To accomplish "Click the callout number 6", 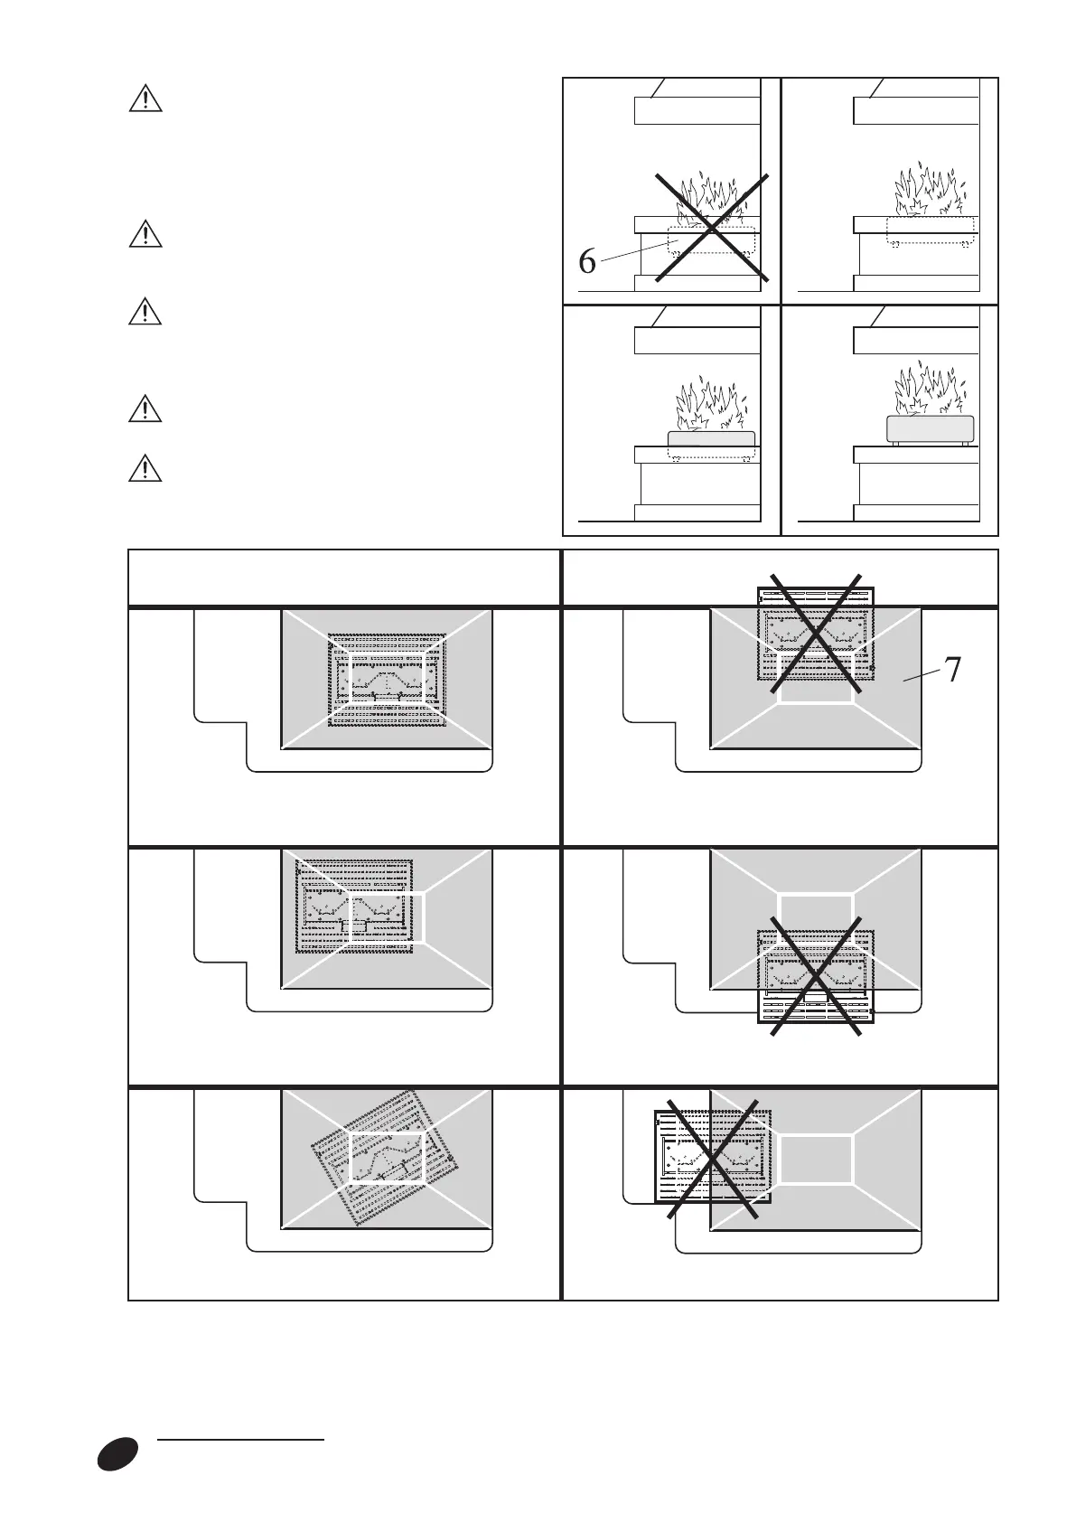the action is click(587, 262).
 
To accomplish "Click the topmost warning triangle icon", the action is click(145, 98).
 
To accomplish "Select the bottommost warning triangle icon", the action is click(145, 469).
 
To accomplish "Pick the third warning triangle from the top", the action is click(145, 312).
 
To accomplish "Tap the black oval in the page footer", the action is click(118, 1453).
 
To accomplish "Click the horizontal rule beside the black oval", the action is click(240, 1437).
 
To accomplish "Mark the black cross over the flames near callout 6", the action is click(712, 228).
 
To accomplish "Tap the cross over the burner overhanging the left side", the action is click(712, 1159).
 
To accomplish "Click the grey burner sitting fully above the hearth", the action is click(931, 429).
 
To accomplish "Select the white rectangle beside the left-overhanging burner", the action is click(816, 1158).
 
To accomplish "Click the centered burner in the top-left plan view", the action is click(387, 680).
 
